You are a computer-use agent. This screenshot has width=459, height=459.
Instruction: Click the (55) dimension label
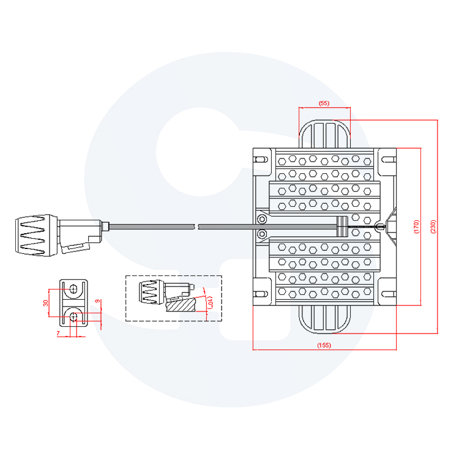324,103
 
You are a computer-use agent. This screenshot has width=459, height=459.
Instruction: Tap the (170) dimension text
416,226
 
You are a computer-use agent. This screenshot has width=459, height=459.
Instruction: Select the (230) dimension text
433,226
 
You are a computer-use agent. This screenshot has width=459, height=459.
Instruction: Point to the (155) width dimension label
324,345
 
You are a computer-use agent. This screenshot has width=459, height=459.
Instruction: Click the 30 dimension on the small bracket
46,303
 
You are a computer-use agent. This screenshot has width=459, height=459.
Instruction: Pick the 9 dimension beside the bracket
98,301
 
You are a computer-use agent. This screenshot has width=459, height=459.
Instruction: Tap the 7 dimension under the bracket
58,333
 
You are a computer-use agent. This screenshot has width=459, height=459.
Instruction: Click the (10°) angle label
210,302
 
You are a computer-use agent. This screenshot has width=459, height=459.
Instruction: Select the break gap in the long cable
196,226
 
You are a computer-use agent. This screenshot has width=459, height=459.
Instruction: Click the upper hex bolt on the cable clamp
262,219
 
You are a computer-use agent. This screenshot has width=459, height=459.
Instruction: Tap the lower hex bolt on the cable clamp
262,234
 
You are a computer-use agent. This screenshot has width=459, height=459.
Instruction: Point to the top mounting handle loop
324,133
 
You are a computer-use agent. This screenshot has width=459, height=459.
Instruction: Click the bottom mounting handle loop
324,319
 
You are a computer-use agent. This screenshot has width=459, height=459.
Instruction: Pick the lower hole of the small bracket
73,316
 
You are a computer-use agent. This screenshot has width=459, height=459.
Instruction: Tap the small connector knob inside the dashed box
151,292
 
